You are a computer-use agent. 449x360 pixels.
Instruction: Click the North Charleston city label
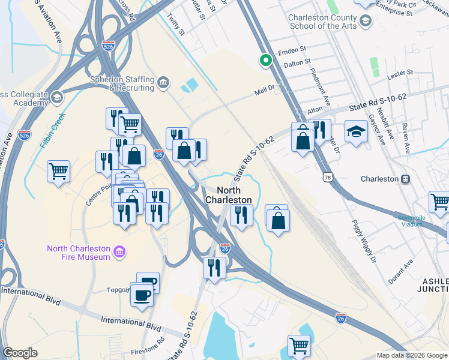coord(228,194)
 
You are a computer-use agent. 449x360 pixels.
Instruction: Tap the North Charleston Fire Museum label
coord(79,253)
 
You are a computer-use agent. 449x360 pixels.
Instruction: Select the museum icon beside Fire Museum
coord(119,250)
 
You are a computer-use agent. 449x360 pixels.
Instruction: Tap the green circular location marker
coord(264,60)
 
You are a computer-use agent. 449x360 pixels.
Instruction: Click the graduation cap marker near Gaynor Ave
coord(356,132)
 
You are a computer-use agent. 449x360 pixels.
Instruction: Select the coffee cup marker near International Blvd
coord(142,296)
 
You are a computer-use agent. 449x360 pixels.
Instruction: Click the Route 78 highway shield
coord(327,177)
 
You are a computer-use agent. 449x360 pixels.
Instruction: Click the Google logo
coord(20,353)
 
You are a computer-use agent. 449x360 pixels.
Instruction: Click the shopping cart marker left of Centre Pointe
coord(59,172)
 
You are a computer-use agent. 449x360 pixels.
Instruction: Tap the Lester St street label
coord(400,73)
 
